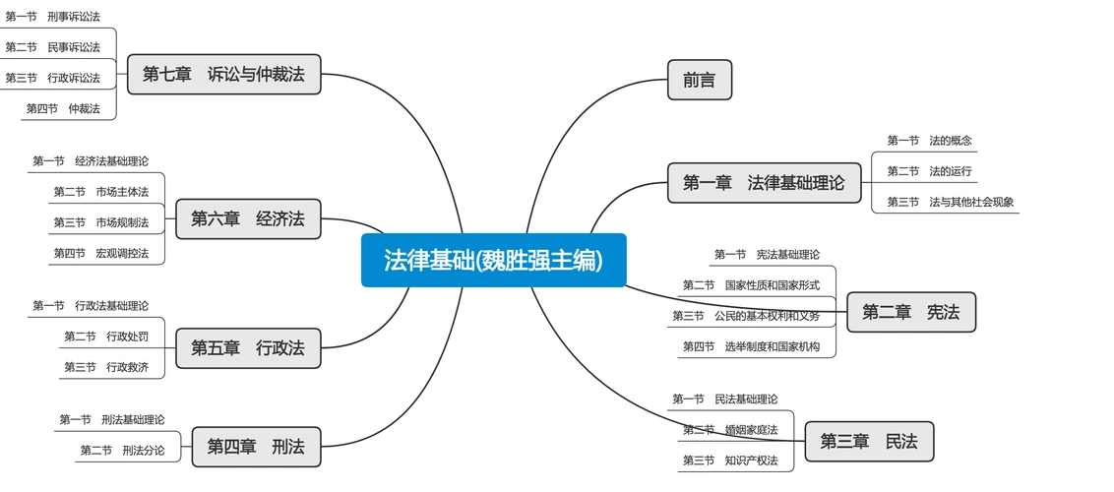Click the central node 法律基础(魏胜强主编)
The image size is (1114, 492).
point(493,260)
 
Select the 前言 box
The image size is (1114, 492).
point(699,80)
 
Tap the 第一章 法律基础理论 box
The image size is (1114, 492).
point(763,182)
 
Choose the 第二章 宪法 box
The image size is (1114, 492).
point(910,312)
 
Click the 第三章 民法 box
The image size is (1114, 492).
point(869,442)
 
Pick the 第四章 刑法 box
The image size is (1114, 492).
point(256,447)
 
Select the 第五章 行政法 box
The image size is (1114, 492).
point(248,347)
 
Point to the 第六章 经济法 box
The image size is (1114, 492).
point(248,218)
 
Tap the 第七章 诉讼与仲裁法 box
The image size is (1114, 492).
point(223,74)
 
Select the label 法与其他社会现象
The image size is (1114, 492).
point(971,202)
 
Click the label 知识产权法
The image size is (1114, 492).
point(751,461)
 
